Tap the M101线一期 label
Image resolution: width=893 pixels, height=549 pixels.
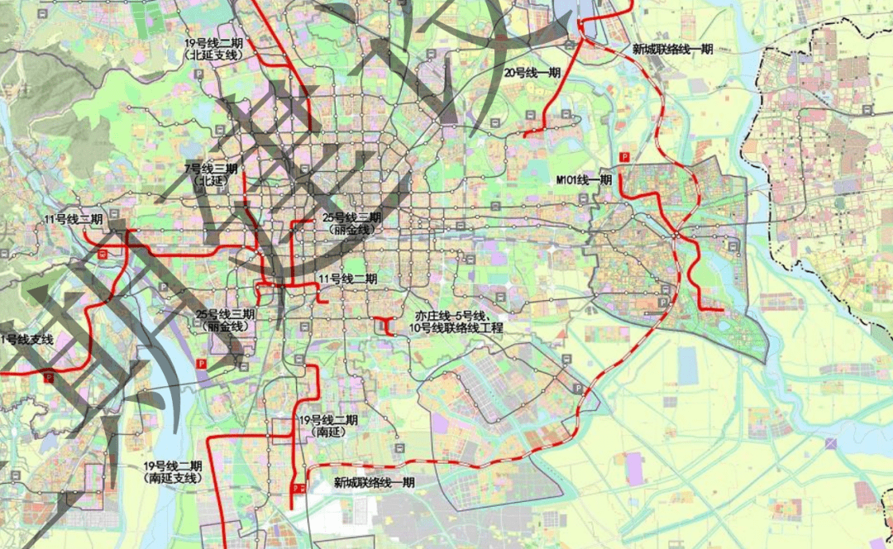584,179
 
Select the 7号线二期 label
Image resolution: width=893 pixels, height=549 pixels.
211,169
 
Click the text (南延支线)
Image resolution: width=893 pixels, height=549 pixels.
172,478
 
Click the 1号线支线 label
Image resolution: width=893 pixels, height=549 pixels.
26,340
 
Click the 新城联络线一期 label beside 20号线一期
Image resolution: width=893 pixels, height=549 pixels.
672,50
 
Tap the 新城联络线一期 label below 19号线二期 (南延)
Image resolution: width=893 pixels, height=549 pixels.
374,482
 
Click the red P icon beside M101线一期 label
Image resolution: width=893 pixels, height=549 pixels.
624,157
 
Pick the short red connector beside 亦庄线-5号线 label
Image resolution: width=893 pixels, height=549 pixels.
383,326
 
